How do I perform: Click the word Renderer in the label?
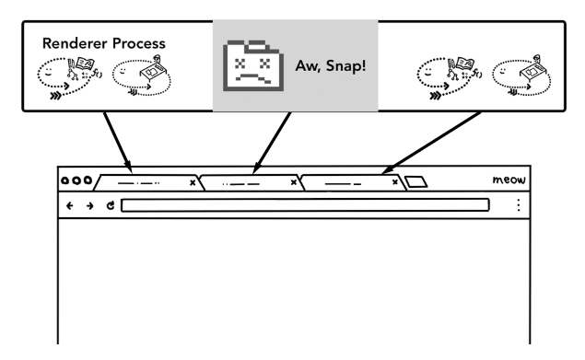75,43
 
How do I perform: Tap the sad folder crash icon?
253,65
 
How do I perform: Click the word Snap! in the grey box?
345,66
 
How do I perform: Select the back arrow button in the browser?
69,205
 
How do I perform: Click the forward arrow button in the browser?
89,205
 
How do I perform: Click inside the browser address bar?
305,205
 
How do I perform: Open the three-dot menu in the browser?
519,205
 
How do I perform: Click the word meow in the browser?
509,180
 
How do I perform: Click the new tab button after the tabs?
416,182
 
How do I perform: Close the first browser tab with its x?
193,182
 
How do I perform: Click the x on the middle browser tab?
294,182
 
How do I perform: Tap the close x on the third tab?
394,182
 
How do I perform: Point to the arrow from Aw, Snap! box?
272,143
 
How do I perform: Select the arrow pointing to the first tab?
118,142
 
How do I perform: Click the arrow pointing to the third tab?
431,143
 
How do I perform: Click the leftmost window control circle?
64,181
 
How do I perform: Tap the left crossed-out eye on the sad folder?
240,64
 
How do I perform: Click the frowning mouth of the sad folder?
253,77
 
